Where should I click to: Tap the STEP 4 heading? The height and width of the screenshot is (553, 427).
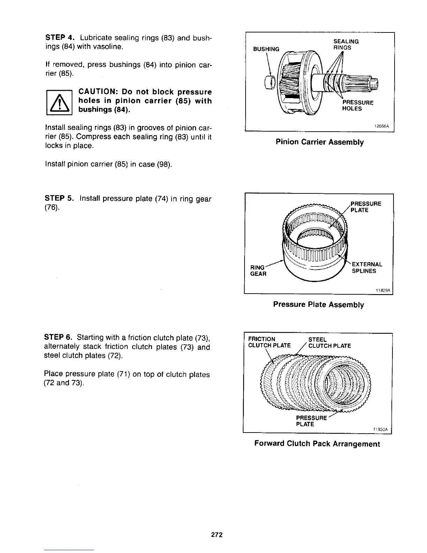[x=59, y=37]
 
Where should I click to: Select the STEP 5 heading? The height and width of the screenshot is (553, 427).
[x=59, y=199]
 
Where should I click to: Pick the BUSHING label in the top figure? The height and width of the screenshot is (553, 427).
[x=266, y=49]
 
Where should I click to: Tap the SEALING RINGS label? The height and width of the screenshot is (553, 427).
[x=346, y=44]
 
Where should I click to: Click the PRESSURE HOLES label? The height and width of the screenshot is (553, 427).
[x=357, y=105]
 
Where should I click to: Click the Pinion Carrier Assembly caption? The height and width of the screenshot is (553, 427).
[x=320, y=142]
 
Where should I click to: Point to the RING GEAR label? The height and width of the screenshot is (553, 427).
[x=258, y=271]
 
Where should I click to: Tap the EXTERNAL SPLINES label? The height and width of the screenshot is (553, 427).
[x=367, y=267]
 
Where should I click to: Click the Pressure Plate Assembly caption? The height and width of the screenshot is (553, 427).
[x=319, y=304]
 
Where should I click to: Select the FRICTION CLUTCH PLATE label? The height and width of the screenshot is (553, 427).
[x=269, y=342]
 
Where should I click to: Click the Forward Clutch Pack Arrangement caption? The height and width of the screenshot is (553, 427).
[x=317, y=444]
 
